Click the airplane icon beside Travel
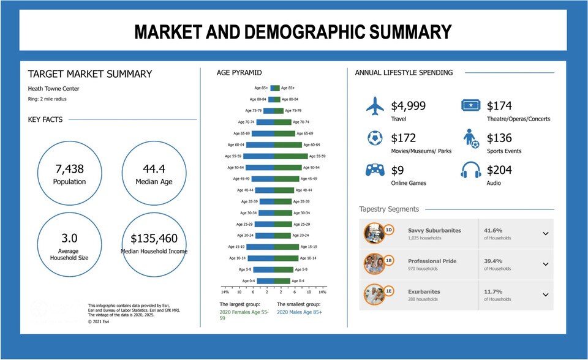pos(375,106)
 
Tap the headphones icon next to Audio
pos(470,170)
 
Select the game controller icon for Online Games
pos(375,170)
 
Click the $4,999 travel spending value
pos(408,106)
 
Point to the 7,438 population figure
pos(69,169)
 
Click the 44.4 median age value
pos(154,169)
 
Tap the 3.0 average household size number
pos(69,238)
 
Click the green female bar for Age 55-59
pos(291,156)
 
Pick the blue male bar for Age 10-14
pos(261,258)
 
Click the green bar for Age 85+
pos(277,88)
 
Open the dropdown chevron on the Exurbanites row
pos(545,294)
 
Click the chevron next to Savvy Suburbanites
pos(545,233)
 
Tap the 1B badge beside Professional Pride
pos(388,261)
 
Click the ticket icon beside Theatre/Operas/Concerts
pos(470,106)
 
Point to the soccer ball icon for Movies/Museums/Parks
pos(375,138)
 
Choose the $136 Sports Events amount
pos(499,138)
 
